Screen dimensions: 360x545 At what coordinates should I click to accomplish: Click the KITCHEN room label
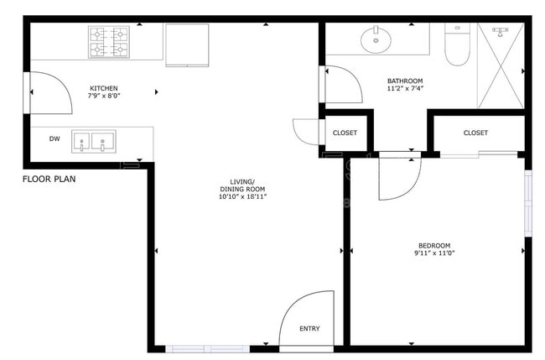click(104, 88)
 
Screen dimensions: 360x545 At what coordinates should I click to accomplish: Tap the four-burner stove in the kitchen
click(110, 42)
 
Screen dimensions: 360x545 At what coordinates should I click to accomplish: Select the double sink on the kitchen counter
click(93, 140)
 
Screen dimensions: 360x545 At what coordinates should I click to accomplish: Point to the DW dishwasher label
click(54, 139)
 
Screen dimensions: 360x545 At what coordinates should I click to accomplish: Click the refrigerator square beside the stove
click(187, 44)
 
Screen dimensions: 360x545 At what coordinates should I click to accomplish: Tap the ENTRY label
click(309, 328)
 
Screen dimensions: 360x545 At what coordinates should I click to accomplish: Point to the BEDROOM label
click(434, 245)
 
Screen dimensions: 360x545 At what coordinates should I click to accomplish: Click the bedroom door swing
click(397, 178)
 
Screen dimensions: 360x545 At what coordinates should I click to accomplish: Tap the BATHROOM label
click(405, 81)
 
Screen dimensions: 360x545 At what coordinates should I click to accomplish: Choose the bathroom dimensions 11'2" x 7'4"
click(405, 89)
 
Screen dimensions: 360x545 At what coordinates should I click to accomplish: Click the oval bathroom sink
click(376, 38)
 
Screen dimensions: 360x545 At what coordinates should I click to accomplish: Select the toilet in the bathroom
click(457, 46)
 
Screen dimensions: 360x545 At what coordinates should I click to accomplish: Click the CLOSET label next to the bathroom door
click(345, 133)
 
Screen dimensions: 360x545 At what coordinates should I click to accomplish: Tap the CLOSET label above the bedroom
click(475, 133)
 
